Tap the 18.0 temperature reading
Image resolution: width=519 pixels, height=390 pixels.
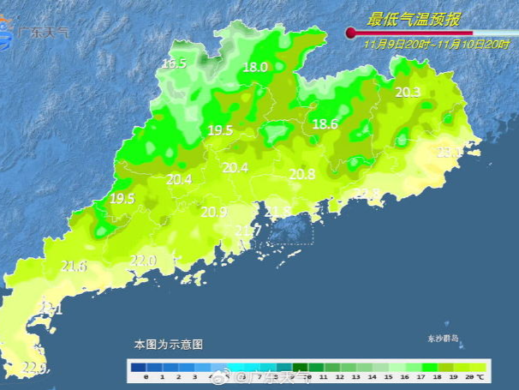click(255, 67)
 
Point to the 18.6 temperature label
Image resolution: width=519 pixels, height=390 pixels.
click(325, 124)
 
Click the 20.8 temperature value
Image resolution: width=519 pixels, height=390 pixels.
click(301, 174)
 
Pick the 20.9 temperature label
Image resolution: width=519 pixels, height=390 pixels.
click(214, 212)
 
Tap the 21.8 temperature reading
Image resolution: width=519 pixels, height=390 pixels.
click(277, 212)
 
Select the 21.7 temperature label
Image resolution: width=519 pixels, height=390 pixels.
click(248, 231)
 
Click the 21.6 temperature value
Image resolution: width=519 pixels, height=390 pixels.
click(75, 267)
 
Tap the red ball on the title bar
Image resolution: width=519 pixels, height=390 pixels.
click(350, 33)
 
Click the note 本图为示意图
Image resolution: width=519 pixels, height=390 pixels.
click(168, 344)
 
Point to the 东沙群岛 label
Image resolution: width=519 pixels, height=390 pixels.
click(444, 339)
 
